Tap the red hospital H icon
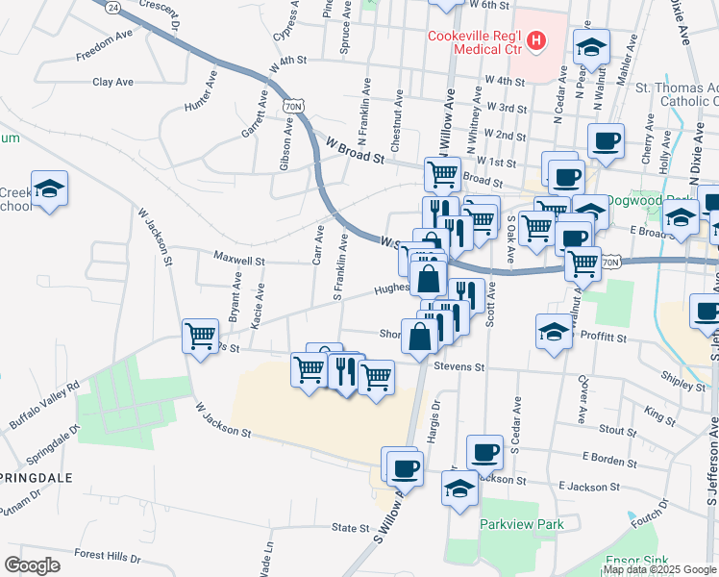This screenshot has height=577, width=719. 537,41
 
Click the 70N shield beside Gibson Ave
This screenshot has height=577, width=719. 292,103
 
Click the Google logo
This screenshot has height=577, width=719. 32,565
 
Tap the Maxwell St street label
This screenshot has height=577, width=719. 239,260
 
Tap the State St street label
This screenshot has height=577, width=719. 351,528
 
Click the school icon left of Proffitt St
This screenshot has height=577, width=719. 555,332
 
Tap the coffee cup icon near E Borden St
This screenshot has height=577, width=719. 484,451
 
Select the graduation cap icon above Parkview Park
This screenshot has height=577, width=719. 460,489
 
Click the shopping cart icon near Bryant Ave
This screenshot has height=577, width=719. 200,337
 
